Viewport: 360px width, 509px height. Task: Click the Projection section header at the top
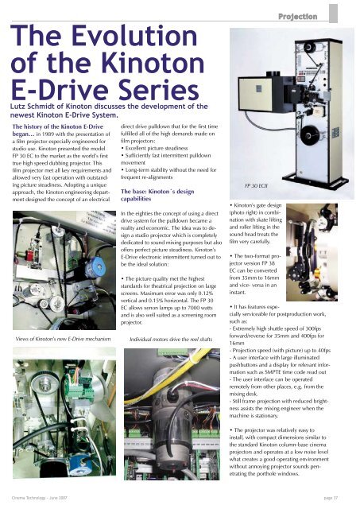point(314,15)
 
